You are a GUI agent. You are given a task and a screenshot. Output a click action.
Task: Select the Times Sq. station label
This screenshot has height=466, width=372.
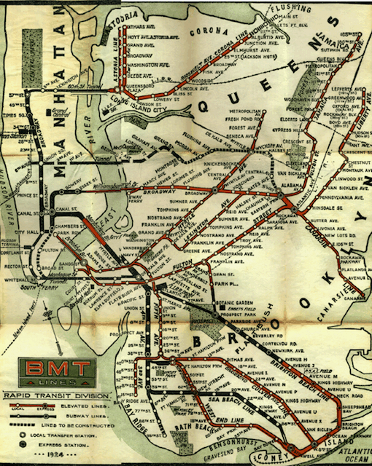tap(15, 116)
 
